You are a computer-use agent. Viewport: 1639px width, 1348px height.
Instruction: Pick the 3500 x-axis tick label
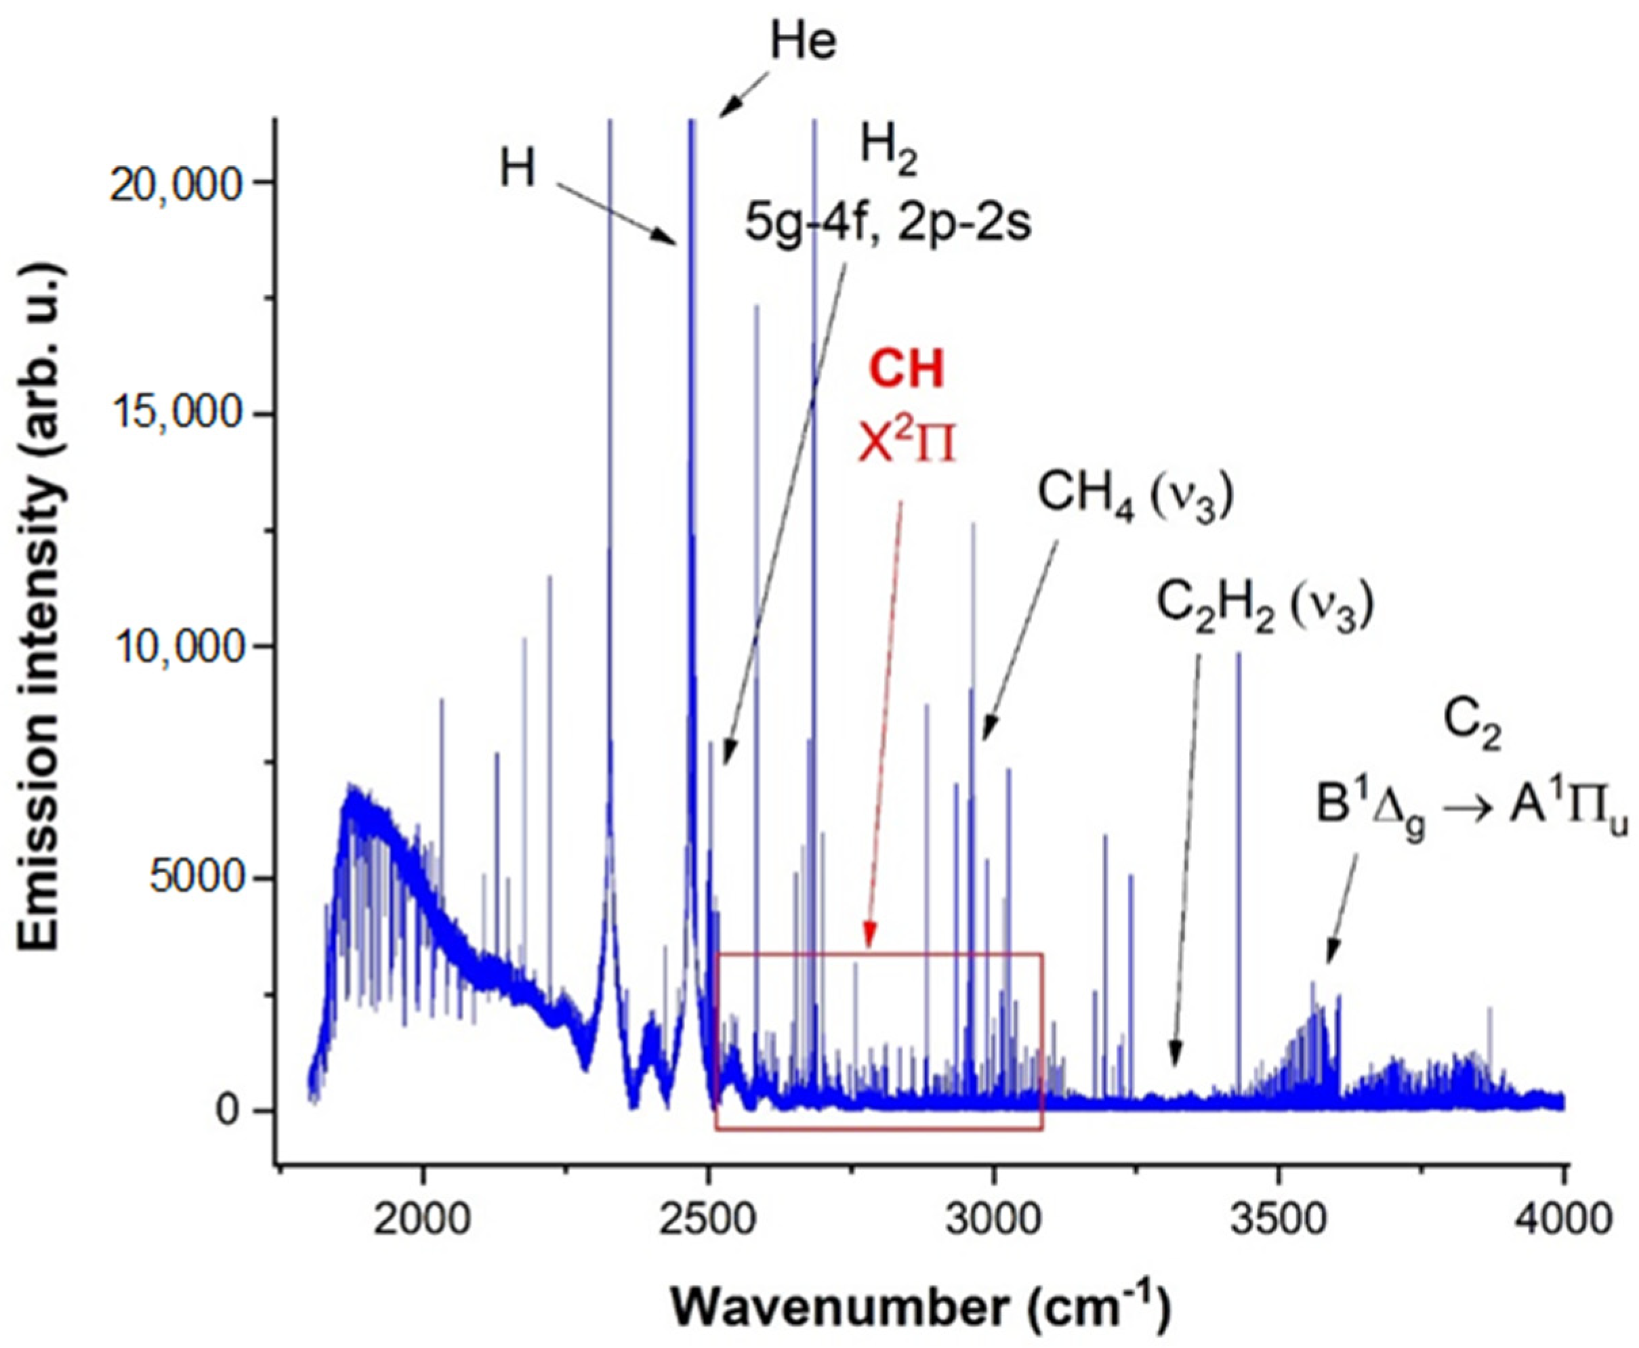(x=1279, y=1220)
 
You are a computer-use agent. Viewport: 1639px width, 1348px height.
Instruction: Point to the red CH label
(x=907, y=370)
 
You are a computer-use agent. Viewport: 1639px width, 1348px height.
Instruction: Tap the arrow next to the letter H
(x=617, y=214)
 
